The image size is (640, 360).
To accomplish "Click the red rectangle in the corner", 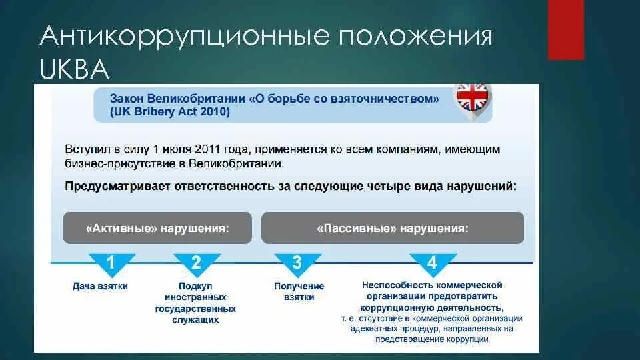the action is pyautogui.click(x=566, y=30).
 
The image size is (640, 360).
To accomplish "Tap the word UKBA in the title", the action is pyautogui.click(x=75, y=69).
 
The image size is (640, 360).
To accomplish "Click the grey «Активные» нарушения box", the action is pyautogui.click(x=157, y=228).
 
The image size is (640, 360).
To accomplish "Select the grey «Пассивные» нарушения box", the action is pyautogui.click(x=393, y=228).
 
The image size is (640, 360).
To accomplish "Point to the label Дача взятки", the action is pyautogui.click(x=100, y=287).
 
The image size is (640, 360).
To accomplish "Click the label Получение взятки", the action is pyautogui.click(x=299, y=291).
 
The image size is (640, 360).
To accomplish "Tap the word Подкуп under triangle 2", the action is pyautogui.click(x=195, y=286).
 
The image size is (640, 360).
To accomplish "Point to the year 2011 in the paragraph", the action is pyautogui.click(x=208, y=149).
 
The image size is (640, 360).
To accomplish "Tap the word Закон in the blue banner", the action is pyautogui.click(x=127, y=99).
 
